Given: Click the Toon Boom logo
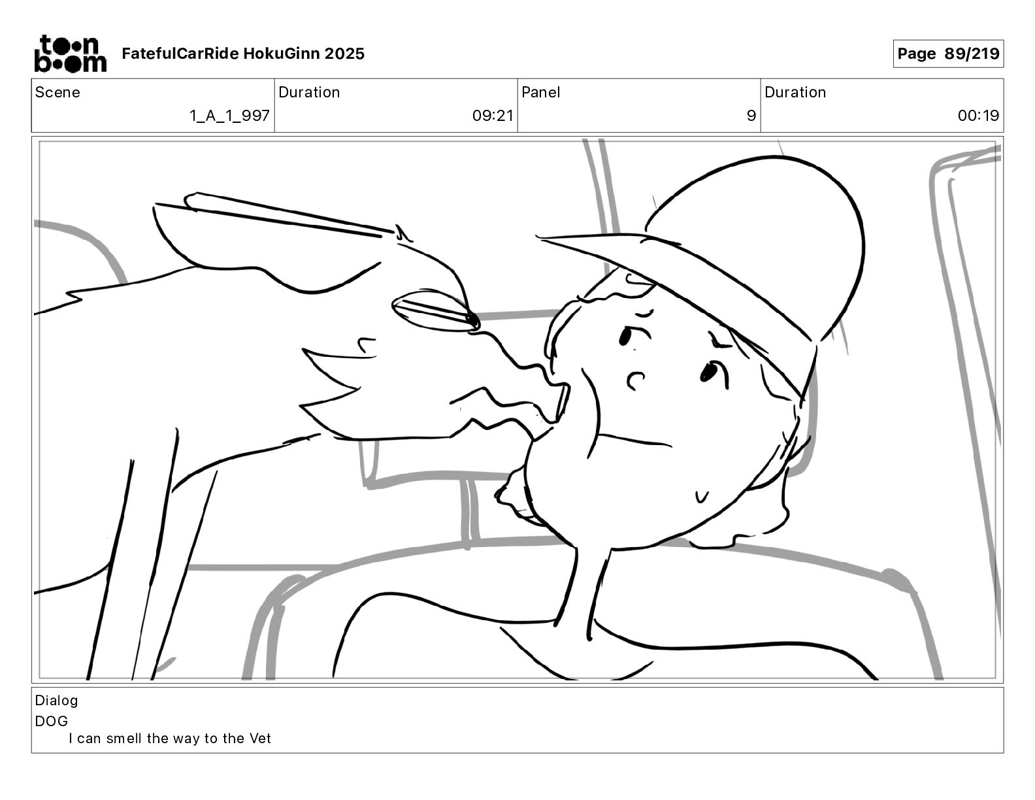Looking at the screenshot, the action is [71, 54].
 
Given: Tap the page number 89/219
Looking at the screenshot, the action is [972, 54].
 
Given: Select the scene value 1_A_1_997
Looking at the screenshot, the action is [229, 115].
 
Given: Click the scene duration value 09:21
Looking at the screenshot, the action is [493, 115].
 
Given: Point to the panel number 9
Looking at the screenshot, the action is [751, 115].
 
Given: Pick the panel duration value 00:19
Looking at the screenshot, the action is [978, 115].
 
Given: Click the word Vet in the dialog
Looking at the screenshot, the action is [260, 738].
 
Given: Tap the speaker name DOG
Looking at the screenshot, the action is [52, 721].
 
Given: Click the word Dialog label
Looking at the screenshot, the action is [56, 701].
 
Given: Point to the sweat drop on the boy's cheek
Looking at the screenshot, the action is [701, 497].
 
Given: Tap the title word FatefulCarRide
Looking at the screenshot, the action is [180, 54].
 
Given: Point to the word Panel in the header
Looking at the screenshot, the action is [540, 92].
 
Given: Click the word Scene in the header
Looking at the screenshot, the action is [57, 92].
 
